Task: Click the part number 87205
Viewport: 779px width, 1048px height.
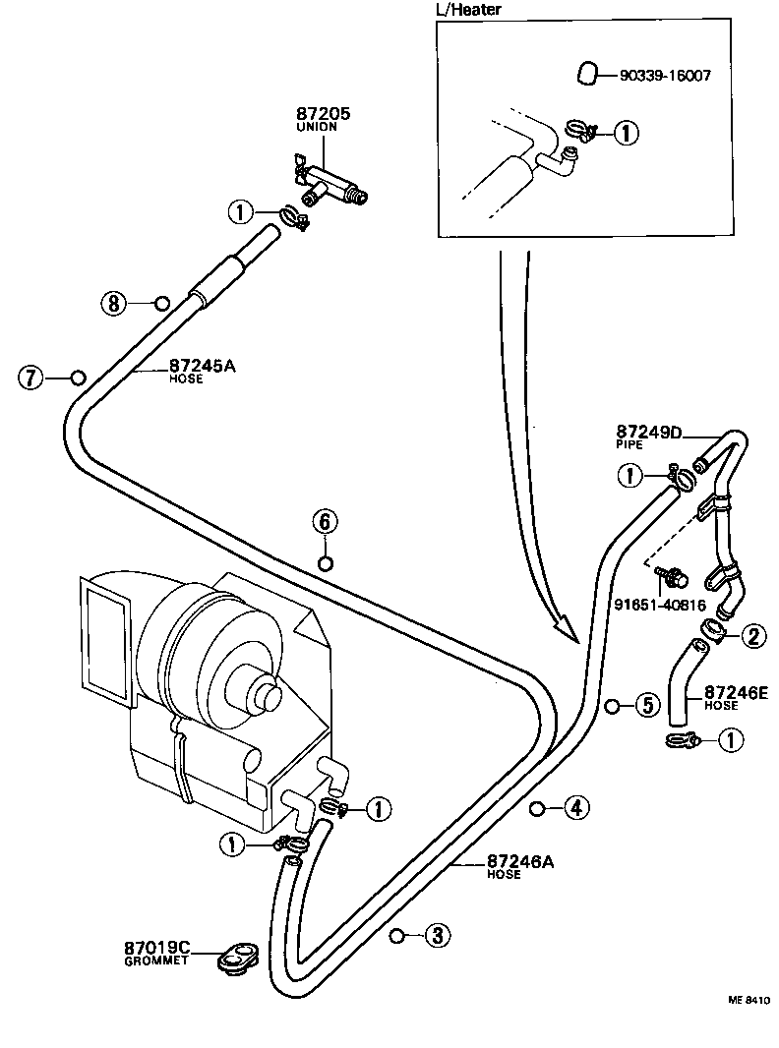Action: point(323,115)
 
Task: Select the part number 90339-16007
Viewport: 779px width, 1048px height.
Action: point(665,75)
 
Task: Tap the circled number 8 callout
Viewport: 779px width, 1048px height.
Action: point(114,303)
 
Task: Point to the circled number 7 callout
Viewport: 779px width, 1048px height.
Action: point(31,377)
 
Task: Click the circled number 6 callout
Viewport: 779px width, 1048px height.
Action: point(326,520)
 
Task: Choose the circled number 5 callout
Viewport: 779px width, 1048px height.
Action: point(645,705)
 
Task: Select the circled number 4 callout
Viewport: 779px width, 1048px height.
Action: point(576,808)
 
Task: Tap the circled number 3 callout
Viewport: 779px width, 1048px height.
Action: point(437,935)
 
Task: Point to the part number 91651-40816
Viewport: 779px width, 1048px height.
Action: point(660,605)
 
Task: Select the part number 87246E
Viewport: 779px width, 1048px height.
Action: point(735,692)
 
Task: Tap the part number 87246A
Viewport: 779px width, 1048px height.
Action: point(520,861)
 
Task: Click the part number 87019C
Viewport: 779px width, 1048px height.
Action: point(156,949)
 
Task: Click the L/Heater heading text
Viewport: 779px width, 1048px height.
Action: point(468,10)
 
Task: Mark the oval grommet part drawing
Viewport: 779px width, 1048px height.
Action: point(236,957)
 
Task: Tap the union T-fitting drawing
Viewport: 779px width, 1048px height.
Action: point(330,183)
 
